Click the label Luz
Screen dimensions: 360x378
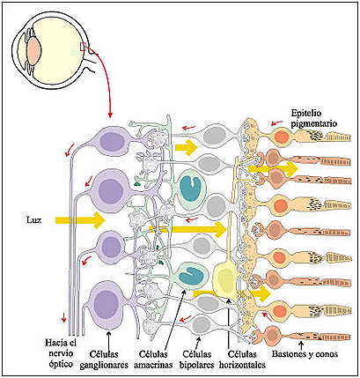click(33, 220)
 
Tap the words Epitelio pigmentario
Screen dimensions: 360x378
click(313, 118)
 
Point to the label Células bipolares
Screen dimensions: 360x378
click(197, 359)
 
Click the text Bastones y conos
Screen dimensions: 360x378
click(305, 354)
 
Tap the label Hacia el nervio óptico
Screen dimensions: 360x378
click(59, 353)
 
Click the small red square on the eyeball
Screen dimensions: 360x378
click(83, 47)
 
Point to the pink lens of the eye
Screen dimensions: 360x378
click(33, 49)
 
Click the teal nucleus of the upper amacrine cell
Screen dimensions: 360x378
click(190, 189)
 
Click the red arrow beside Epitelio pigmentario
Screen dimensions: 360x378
click(276, 122)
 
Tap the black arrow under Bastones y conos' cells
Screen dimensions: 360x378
click(301, 345)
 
